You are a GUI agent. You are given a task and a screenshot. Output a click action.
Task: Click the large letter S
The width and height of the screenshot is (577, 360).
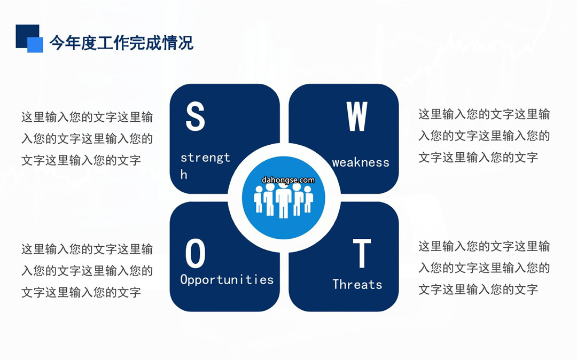tap(195, 116)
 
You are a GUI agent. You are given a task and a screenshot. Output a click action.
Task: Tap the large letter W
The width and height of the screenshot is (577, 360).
tap(356, 116)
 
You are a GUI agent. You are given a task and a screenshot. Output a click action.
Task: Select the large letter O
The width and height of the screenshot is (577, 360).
tap(195, 253)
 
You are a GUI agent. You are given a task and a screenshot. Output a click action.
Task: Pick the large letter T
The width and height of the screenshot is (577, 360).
tap(362, 253)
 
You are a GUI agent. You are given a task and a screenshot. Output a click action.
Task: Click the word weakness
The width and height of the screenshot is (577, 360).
tap(361, 162)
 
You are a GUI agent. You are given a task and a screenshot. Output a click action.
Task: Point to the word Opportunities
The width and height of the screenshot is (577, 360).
tap(227, 280)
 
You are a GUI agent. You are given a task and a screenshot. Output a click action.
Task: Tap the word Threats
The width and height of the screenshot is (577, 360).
tap(357, 284)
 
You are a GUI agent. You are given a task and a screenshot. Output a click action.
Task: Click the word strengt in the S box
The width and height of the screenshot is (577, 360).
tap(205, 158)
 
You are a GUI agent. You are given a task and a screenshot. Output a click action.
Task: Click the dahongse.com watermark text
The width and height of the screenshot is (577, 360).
tap(288, 180)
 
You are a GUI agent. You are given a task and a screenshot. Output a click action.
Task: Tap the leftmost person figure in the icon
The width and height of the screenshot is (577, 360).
tap(259, 199)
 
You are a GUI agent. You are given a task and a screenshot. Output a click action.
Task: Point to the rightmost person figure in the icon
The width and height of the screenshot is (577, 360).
tap(308, 199)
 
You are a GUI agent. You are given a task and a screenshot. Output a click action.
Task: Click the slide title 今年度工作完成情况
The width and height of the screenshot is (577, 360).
tap(121, 43)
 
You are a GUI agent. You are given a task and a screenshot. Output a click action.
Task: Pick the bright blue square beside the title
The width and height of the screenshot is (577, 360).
tap(35, 45)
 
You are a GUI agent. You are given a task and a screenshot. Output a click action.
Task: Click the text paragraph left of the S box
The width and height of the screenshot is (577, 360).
tap(87, 139)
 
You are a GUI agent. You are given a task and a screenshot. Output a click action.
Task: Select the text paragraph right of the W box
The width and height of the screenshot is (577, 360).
tap(484, 136)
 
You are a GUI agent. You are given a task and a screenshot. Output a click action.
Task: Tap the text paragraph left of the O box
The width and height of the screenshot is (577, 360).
tap(87, 271)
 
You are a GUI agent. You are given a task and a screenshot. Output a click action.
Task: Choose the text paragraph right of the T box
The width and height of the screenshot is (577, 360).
tap(484, 268)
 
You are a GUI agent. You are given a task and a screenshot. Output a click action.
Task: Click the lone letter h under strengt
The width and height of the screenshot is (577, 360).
tap(184, 174)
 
